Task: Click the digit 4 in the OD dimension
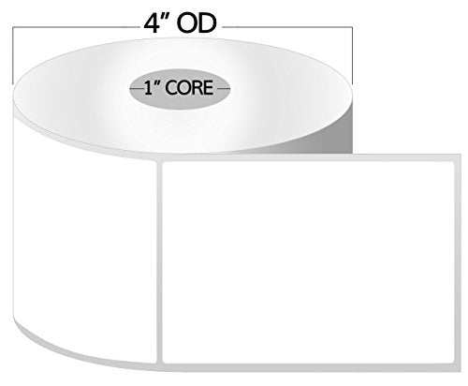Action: pos(152,23)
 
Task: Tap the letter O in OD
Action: pos(187,23)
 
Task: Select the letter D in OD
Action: pos(208,23)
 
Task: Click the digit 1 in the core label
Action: pos(148,88)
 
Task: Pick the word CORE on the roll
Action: pos(189,88)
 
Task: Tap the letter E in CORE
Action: pos(208,88)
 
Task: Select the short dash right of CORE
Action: pos(223,89)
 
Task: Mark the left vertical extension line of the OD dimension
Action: pos(12,55)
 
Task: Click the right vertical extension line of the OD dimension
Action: pos(352,55)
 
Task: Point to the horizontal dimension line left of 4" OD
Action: pos(76,27)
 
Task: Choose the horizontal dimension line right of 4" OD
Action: pos(287,27)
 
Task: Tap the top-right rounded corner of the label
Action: pos(450,165)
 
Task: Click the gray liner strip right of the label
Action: pos(458,262)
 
